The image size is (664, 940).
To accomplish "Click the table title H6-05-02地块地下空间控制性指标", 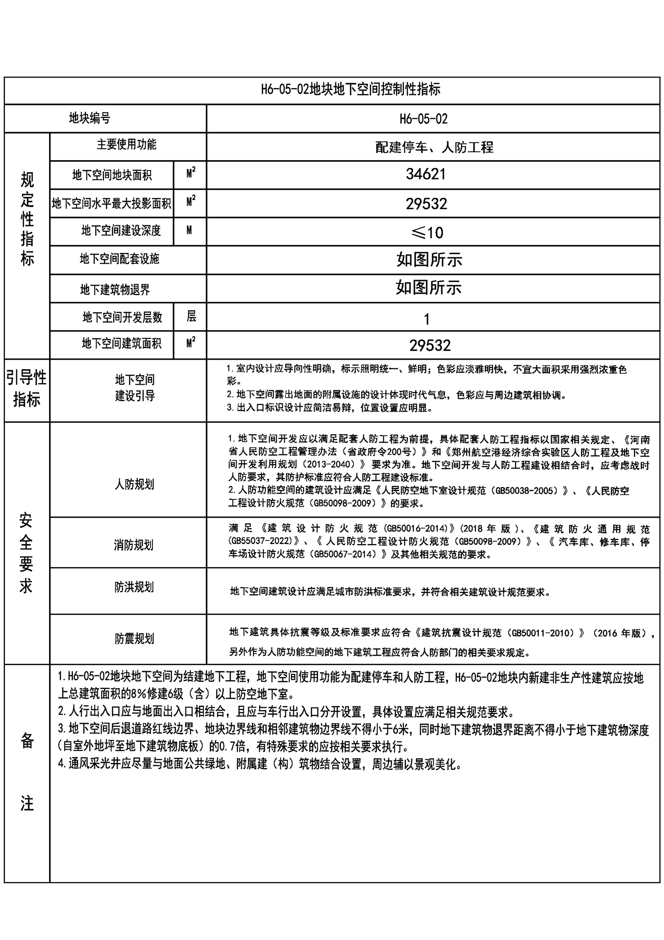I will (351, 89).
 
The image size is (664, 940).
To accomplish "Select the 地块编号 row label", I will (90, 118).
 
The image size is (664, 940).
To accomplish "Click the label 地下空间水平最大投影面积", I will (111, 203).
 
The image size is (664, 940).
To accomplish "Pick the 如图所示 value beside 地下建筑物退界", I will (428, 288).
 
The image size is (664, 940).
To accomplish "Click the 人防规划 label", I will (134, 484).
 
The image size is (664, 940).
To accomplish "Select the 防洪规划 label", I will (134, 587).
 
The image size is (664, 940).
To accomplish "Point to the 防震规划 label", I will (134, 639).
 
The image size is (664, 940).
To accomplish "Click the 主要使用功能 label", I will (126, 144).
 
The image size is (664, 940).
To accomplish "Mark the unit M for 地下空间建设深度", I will (189, 230).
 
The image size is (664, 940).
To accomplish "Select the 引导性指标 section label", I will (27, 388).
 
